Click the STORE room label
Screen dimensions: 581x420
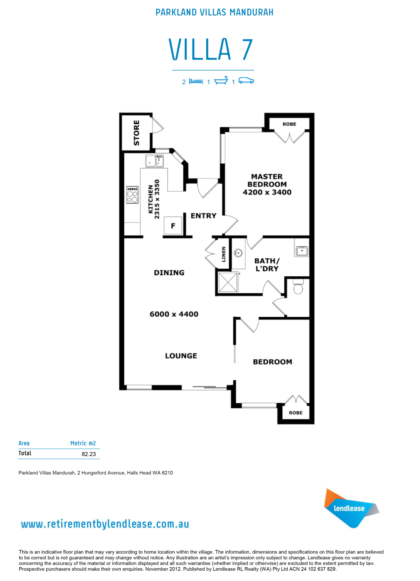(136, 133)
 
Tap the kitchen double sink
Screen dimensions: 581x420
(154, 161)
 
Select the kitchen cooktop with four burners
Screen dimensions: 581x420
(132, 195)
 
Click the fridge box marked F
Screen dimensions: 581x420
(173, 226)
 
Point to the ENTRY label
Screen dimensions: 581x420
(203, 216)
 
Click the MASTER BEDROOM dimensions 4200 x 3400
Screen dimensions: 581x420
(267, 192)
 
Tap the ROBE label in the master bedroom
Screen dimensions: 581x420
(289, 124)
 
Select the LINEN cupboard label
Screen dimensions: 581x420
(224, 254)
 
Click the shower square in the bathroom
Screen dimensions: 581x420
(228, 282)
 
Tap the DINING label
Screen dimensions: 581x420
(169, 272)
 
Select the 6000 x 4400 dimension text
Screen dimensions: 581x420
(174, 314)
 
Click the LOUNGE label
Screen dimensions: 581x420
(181, 356)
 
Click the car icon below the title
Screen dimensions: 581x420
(246, 81)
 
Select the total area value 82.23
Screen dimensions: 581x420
(88, 454)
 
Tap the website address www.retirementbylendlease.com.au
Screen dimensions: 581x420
(105, 524)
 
